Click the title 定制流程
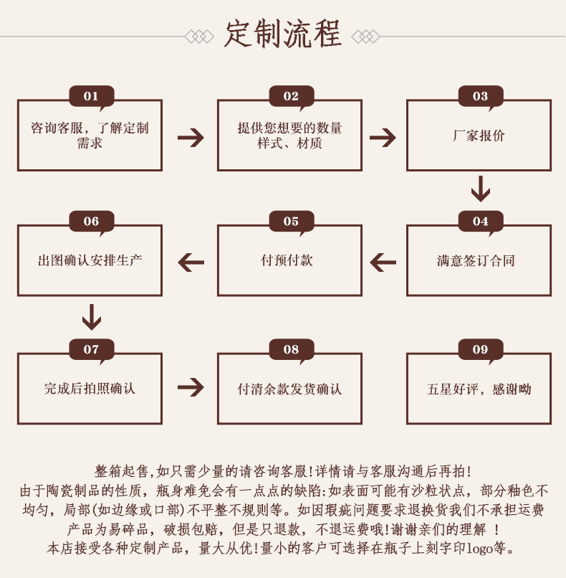[283, 34]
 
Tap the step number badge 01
[91, 96]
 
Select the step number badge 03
[480, 96]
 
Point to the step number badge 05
[291, 221]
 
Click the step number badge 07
[91, 349]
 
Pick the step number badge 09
[480, 349]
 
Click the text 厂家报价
[479, 136]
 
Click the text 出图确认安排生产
[90, 261]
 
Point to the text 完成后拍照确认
[90, 389]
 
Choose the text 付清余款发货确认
[289, 389]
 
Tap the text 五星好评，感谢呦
[479, 389]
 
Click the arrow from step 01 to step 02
[191, 137]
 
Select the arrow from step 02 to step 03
[383, 137]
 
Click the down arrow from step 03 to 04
[480, 189]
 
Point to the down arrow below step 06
[91, 316]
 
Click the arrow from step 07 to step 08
[191, 387]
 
